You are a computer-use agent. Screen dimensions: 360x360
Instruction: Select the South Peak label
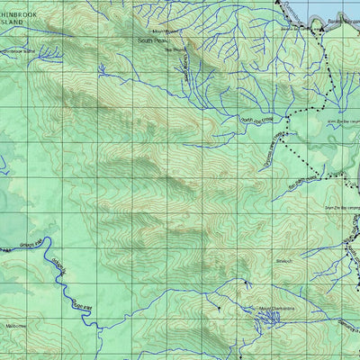coord(152,40)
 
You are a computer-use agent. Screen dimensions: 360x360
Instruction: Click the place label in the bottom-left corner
coord(15,325)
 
